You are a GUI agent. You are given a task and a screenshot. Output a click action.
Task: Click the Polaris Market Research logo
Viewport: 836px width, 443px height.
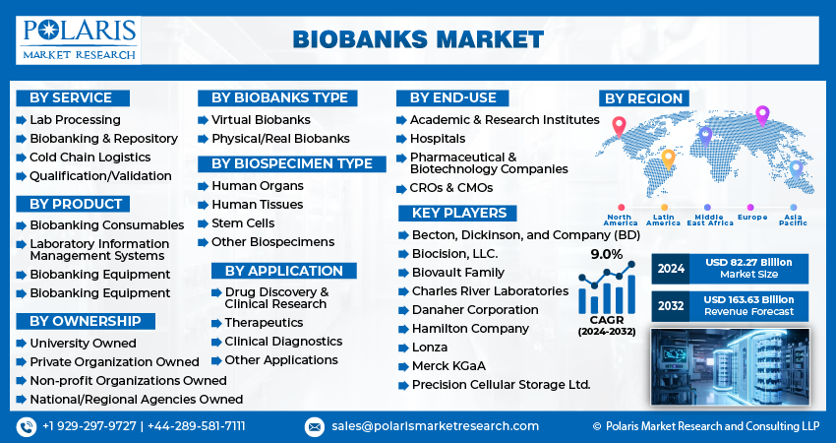(79, 40)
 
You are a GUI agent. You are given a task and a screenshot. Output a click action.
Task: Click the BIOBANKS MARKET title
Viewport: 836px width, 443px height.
(418, 40)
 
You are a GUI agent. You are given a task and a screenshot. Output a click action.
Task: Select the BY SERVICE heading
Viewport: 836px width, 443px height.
(73, 98)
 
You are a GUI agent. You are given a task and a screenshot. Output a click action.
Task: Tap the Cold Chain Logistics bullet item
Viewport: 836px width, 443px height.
(90, 158)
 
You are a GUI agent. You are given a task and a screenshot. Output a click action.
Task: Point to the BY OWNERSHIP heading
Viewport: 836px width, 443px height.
(86, 321)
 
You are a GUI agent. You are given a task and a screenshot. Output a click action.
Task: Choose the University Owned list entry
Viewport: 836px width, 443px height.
(83, 344)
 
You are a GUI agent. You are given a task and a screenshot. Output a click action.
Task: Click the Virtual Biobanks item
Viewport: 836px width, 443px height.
(261, 120)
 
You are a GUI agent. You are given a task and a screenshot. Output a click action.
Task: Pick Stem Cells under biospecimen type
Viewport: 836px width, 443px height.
(243, 223)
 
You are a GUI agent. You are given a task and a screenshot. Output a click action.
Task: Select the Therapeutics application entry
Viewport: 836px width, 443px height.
(264, 323)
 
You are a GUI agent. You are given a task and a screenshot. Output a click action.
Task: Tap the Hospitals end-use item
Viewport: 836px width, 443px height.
(438, 139)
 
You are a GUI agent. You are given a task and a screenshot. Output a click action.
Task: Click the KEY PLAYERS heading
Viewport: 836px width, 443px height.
(457, 213)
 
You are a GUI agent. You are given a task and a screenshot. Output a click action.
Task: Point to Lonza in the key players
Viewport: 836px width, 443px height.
(430, 348)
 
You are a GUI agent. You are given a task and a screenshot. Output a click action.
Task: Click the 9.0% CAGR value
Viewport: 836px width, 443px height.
(606, 255)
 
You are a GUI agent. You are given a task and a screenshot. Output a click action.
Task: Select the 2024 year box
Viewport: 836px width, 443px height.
(670, 269)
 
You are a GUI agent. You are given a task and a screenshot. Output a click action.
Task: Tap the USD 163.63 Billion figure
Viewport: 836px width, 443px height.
(748, 300)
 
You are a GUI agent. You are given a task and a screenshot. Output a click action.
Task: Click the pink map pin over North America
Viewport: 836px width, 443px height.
(619, 127)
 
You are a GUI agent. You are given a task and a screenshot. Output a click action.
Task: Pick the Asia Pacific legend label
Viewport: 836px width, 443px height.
(793, 220)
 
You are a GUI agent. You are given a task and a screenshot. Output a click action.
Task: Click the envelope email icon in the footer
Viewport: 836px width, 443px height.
(314, 427)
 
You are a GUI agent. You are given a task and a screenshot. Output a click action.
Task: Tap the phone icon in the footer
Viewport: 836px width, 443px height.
(27, 427)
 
